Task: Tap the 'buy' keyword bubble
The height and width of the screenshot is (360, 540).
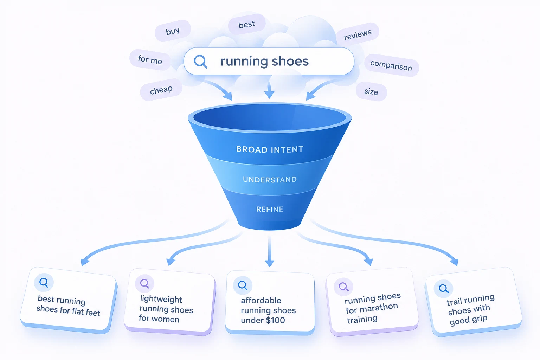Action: coord(173,31)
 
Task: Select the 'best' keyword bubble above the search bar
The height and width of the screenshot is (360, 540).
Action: coord(246,24)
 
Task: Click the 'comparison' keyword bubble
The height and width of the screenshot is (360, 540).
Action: coord(391,65)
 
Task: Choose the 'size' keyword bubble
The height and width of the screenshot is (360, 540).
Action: coord(371,91)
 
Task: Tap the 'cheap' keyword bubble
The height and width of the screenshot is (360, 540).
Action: coord(161,90)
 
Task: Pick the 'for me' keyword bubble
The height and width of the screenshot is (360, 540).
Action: coord(150,59)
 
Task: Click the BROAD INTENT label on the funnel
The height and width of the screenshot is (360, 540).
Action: coord(270,149)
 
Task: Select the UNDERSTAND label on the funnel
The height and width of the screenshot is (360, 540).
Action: coord(270,180)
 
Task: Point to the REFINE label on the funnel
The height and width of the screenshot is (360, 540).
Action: coord(270,209)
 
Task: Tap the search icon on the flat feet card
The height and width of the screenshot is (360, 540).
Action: coord(44,282)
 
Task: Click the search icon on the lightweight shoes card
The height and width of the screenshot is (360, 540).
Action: coord(144,284)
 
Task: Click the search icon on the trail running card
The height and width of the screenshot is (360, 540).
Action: coord(443,288)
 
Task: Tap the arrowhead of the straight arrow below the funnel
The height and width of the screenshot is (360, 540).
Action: coord(270,263)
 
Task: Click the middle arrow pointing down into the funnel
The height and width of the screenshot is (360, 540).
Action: coord(269,90)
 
